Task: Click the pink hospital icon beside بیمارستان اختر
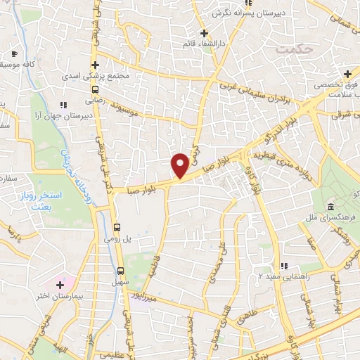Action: (x=59, y=285)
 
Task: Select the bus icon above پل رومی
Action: (x=117, y=228)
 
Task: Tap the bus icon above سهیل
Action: (x=120, y=270)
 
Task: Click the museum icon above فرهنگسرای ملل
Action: (x=330, y=206)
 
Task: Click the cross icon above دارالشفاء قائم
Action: (x=204, y=33)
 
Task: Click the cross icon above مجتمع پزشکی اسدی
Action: (x=104, y=65)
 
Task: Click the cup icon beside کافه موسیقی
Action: (x=15, y=54)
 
